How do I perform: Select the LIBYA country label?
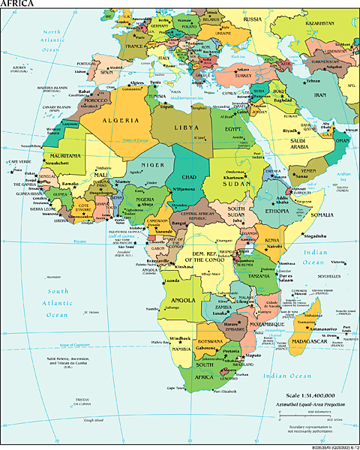[x=187, y=127]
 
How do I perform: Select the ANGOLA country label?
[x=183, y=301]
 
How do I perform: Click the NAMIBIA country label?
[x=178, y=349]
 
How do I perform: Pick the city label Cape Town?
[x=177, y=388]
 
